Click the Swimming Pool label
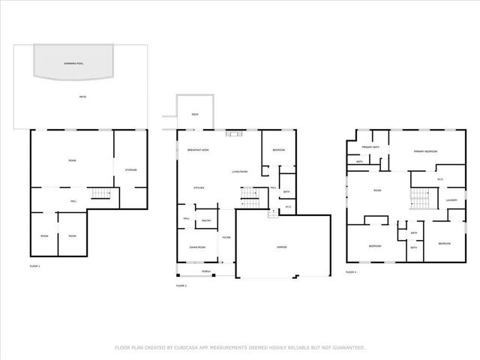click(x=73, y=63)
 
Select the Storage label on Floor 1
click(x=130, y=170)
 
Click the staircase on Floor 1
click(x=101, y=195)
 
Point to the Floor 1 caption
click(x=34, y=266)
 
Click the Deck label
click(x=194, y=114)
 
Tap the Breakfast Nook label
click(x=198, y=151)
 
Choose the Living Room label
click(x=240, y=173)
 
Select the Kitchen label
click(x=199, y=187)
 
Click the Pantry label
click(x=206, y=221)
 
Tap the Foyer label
click(x=226, y=238)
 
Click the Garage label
click(x=283, y=247)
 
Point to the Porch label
click(x=206, y=271)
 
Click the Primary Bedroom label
click(x=425, y=151)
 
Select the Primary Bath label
click(x=370, y=147)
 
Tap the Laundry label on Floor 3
click(x=451, y=200)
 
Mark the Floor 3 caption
click(x=351, y=271)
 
